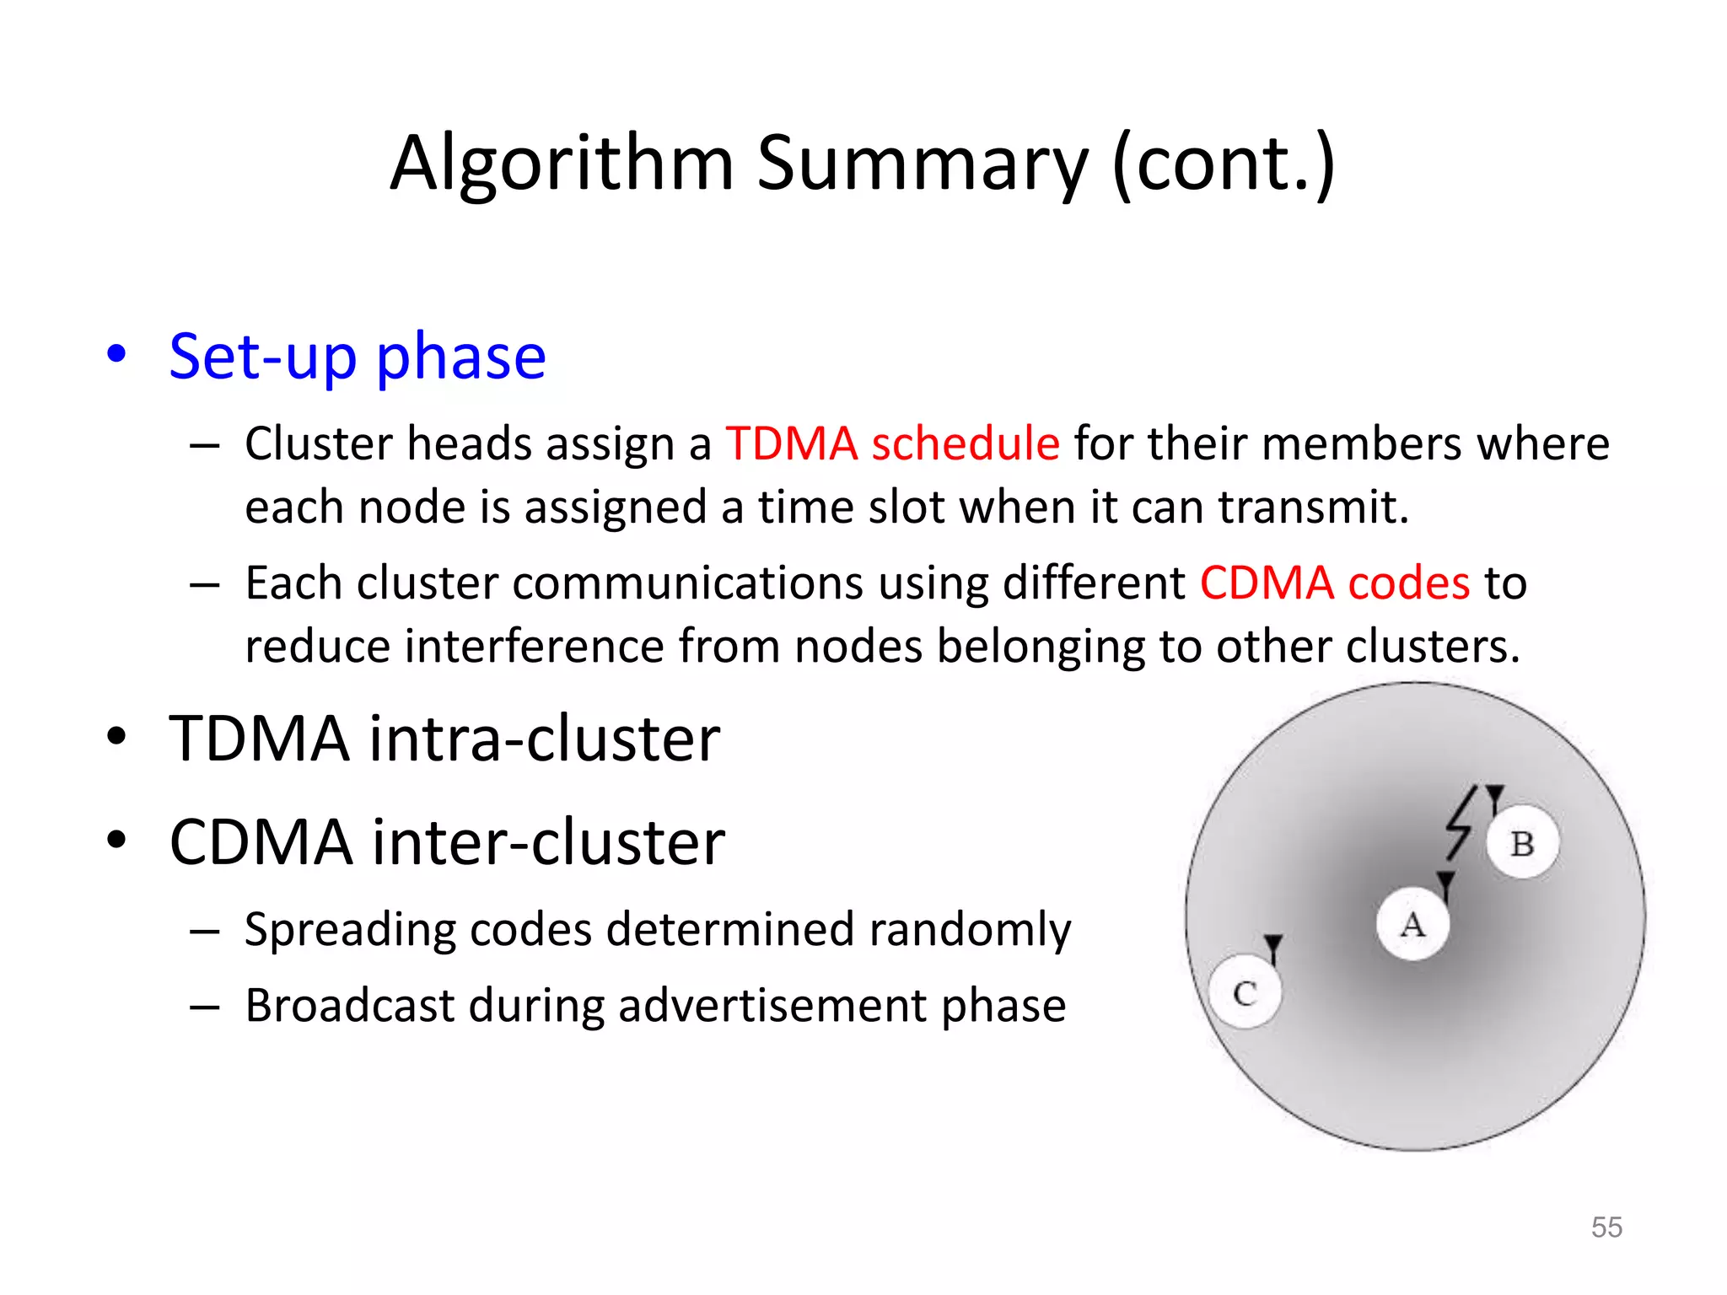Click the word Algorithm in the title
[x=562, y=164]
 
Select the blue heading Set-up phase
[x=358, y=357]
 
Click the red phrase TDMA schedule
[x=892, y=443]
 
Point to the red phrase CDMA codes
[x=1334, y=583]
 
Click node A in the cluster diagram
[x=1413, y=924]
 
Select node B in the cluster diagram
[x=1522, y=843]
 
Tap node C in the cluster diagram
[x=1245, y=991]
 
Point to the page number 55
[x=1606, y=1227]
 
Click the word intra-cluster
[x=545, y=739]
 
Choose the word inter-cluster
[x=548, y=841]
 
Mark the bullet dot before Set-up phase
[x=116, y=354]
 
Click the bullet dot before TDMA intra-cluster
[x=116, y=737]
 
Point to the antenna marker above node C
[x=1273, y=946]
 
